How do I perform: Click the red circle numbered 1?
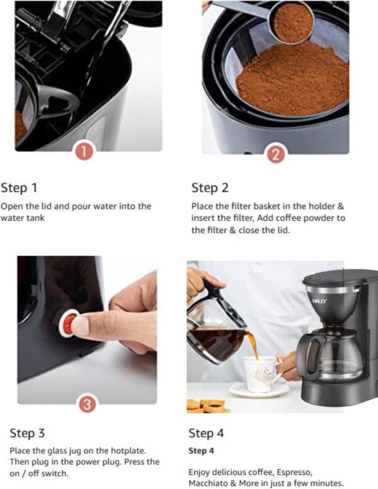click(84, 152)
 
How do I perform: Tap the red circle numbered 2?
click(276, 154)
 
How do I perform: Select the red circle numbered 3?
click(87, 404)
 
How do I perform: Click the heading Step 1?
click(19, 188)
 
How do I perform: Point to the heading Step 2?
click(210, 188)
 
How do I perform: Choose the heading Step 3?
click(28, 433)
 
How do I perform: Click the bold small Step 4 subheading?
click(201, 451)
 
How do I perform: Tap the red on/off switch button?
click(69, 323)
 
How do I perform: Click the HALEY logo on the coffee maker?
click(319, 301)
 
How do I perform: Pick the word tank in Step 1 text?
click(36, 217)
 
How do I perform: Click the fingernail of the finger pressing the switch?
click(78, 325)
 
